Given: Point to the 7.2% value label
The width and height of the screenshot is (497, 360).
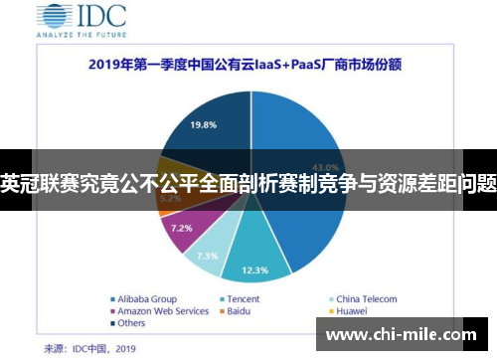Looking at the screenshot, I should point(182,228).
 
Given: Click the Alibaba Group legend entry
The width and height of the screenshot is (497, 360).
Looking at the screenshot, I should point(143,298).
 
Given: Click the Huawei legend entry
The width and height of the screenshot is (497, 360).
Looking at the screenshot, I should point(354,311).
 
